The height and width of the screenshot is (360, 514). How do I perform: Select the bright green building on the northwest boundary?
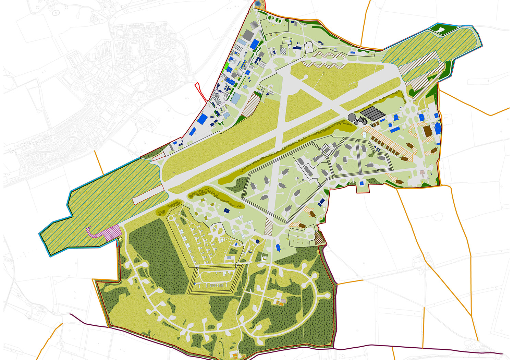(227, 67)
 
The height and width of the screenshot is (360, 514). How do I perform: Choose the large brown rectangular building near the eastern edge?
(427, 131)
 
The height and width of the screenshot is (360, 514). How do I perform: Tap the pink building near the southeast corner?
(423, 172)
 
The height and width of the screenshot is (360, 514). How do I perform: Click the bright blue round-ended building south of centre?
(278, 247)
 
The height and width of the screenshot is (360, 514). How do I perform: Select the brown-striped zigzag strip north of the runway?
(324, 59)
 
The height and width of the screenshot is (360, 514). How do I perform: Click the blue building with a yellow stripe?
(438, 129)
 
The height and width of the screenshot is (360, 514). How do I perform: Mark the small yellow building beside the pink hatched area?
(120, 239)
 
